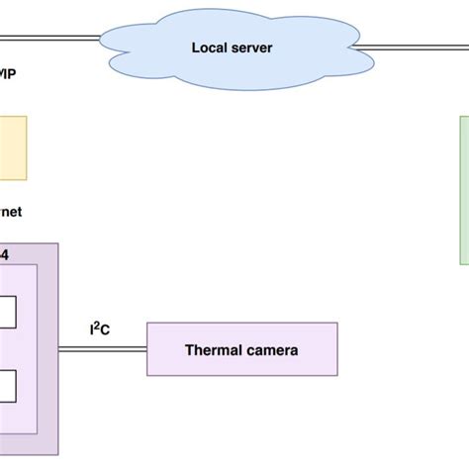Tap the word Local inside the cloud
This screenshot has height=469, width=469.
pos(211,46)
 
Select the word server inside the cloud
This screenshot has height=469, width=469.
pos(254,46)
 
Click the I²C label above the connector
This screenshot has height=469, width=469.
pos(99,328)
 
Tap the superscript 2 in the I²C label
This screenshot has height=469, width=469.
pos(98,325)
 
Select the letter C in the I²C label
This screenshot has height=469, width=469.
pos(105,329)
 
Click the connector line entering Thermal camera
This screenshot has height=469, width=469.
pos(103,349)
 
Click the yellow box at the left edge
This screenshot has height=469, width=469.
pos(13,148)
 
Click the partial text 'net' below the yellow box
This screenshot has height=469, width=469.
pos(12,212)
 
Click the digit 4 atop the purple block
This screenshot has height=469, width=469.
pos(4,254)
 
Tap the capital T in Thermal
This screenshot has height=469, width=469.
pos(189,349)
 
